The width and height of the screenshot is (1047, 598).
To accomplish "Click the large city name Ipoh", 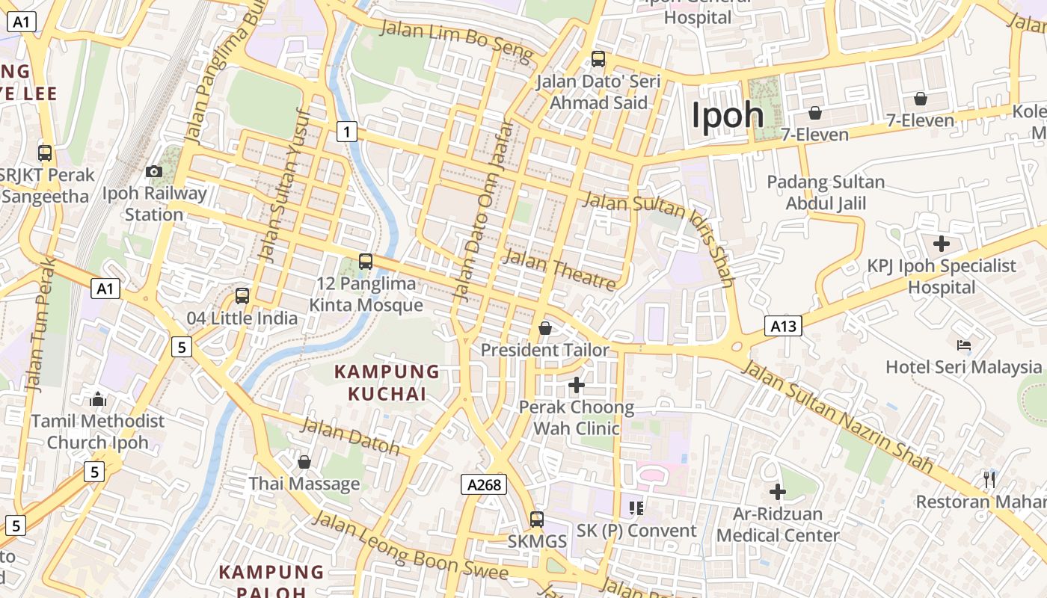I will click(x=727, y=116).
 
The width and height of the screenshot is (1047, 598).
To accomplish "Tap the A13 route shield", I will click(x=783, y=326).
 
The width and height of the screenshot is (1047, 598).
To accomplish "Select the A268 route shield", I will click(x=483, y=484).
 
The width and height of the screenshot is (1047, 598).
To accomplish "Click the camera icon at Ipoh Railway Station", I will click(x=154, y=172).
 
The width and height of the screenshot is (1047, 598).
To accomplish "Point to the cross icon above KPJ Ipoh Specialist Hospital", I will click(x=942, y=244).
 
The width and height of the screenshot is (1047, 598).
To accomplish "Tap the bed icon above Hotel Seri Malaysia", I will click(x=964, y=345).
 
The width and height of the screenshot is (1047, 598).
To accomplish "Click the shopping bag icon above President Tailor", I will click(x=545, y=328).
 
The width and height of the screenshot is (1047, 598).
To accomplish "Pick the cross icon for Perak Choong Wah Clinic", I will click(x=577, y=385).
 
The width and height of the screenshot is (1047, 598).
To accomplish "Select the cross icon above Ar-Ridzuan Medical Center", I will click(x=778, y=492).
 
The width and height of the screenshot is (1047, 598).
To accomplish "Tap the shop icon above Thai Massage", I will click(x=304, y=462).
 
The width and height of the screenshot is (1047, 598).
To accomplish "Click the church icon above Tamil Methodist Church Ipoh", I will click(x=98, y=399).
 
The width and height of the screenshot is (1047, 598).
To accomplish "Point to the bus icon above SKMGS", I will click(x=537, y=518).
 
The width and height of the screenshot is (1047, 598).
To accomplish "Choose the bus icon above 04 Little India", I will click(x=242, y=296).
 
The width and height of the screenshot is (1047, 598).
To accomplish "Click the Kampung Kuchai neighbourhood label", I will click(x=387, y=382).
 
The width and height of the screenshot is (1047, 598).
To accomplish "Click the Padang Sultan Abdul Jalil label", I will click(x=826, y=192).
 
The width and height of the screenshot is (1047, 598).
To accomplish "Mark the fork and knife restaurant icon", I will click(x=989, y=479).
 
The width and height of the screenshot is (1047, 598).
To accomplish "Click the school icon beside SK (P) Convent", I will click(x=636, y=508).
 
